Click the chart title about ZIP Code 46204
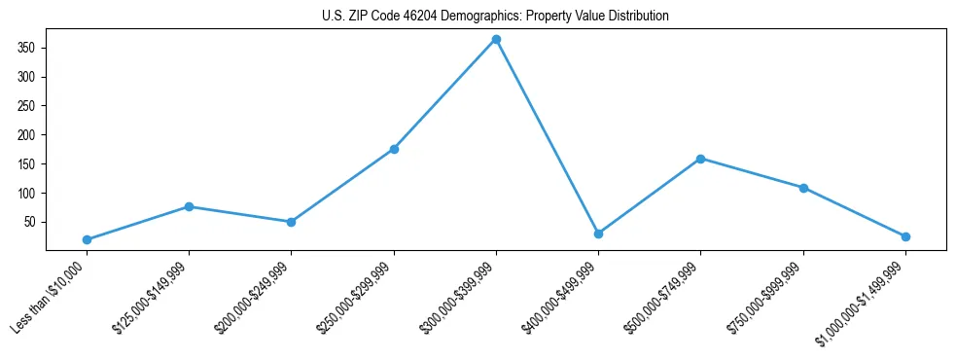click(x=495, y=17)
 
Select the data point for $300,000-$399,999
click(x=496, y=40)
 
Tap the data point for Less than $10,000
click(x=87, y=239)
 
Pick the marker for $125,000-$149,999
click(x=189, y=206)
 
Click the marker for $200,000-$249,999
click(x=291, y=222)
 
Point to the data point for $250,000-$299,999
click(x=394, y=149)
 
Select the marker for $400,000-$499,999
click(x=598, y=234)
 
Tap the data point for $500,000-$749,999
click(x=700, y=159)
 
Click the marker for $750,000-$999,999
click(x=803, y=188)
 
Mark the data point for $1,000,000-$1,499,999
click(x=905, y=236)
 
